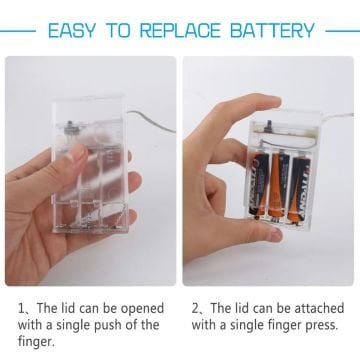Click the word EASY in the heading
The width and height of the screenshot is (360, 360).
[x=71, y=31]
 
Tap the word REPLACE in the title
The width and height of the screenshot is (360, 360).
[x=180, y=31]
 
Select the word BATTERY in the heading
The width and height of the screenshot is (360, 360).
[x=272, y=31]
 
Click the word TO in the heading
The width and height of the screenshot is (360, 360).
[x=117, y=31]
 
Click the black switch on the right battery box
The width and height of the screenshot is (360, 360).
[x=267, y=126]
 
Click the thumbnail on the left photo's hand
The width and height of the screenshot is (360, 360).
[x=78, y=152]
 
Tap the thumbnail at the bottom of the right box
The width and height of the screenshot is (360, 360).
[x=275, y=234]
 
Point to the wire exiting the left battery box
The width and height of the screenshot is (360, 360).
[x=151, y=121]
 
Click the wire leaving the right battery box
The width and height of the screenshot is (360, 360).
[x=337, y=116]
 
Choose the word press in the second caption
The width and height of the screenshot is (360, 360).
[x=320, y=325]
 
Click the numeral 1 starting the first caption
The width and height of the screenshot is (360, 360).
[x=22, y=309]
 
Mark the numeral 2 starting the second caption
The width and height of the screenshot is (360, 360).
[x=195, y=308]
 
